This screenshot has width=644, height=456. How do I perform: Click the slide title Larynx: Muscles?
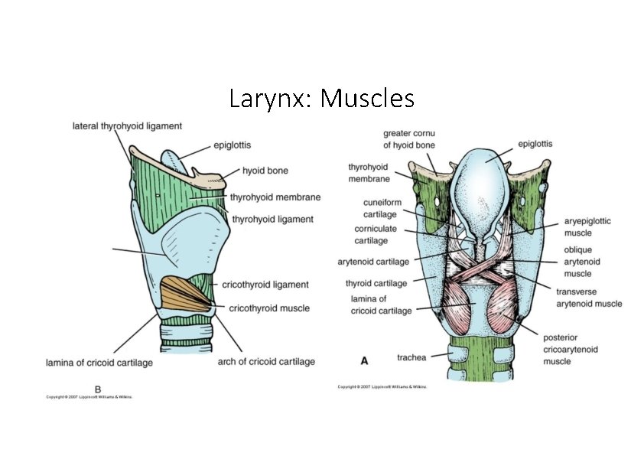[x=321, y=99]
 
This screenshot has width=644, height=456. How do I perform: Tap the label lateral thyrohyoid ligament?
[x=127, y=125]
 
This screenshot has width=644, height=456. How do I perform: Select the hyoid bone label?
[x=265, y=171]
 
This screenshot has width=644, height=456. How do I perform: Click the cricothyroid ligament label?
[x=265, y=285]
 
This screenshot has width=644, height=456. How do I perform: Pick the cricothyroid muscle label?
[x=269, y=308]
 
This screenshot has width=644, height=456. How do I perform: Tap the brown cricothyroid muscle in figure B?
[x=184, y=295]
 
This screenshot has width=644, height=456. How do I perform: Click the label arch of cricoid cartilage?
[x=266, y=361]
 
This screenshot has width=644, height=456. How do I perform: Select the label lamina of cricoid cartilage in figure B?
[x=99, y=363]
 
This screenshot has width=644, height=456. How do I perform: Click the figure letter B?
[x=97, y=389]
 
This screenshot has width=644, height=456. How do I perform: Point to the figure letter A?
[x=364, y=358]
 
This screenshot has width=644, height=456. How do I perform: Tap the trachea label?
[x=412, y=357]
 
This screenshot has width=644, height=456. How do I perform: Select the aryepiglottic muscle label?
[x=587, y=226]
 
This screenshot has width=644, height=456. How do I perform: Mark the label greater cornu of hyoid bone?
[x=409, y=138]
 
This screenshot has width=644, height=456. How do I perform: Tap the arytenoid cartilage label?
[x=373, y=262]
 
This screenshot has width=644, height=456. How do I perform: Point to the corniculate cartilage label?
[x=376, y=234]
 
